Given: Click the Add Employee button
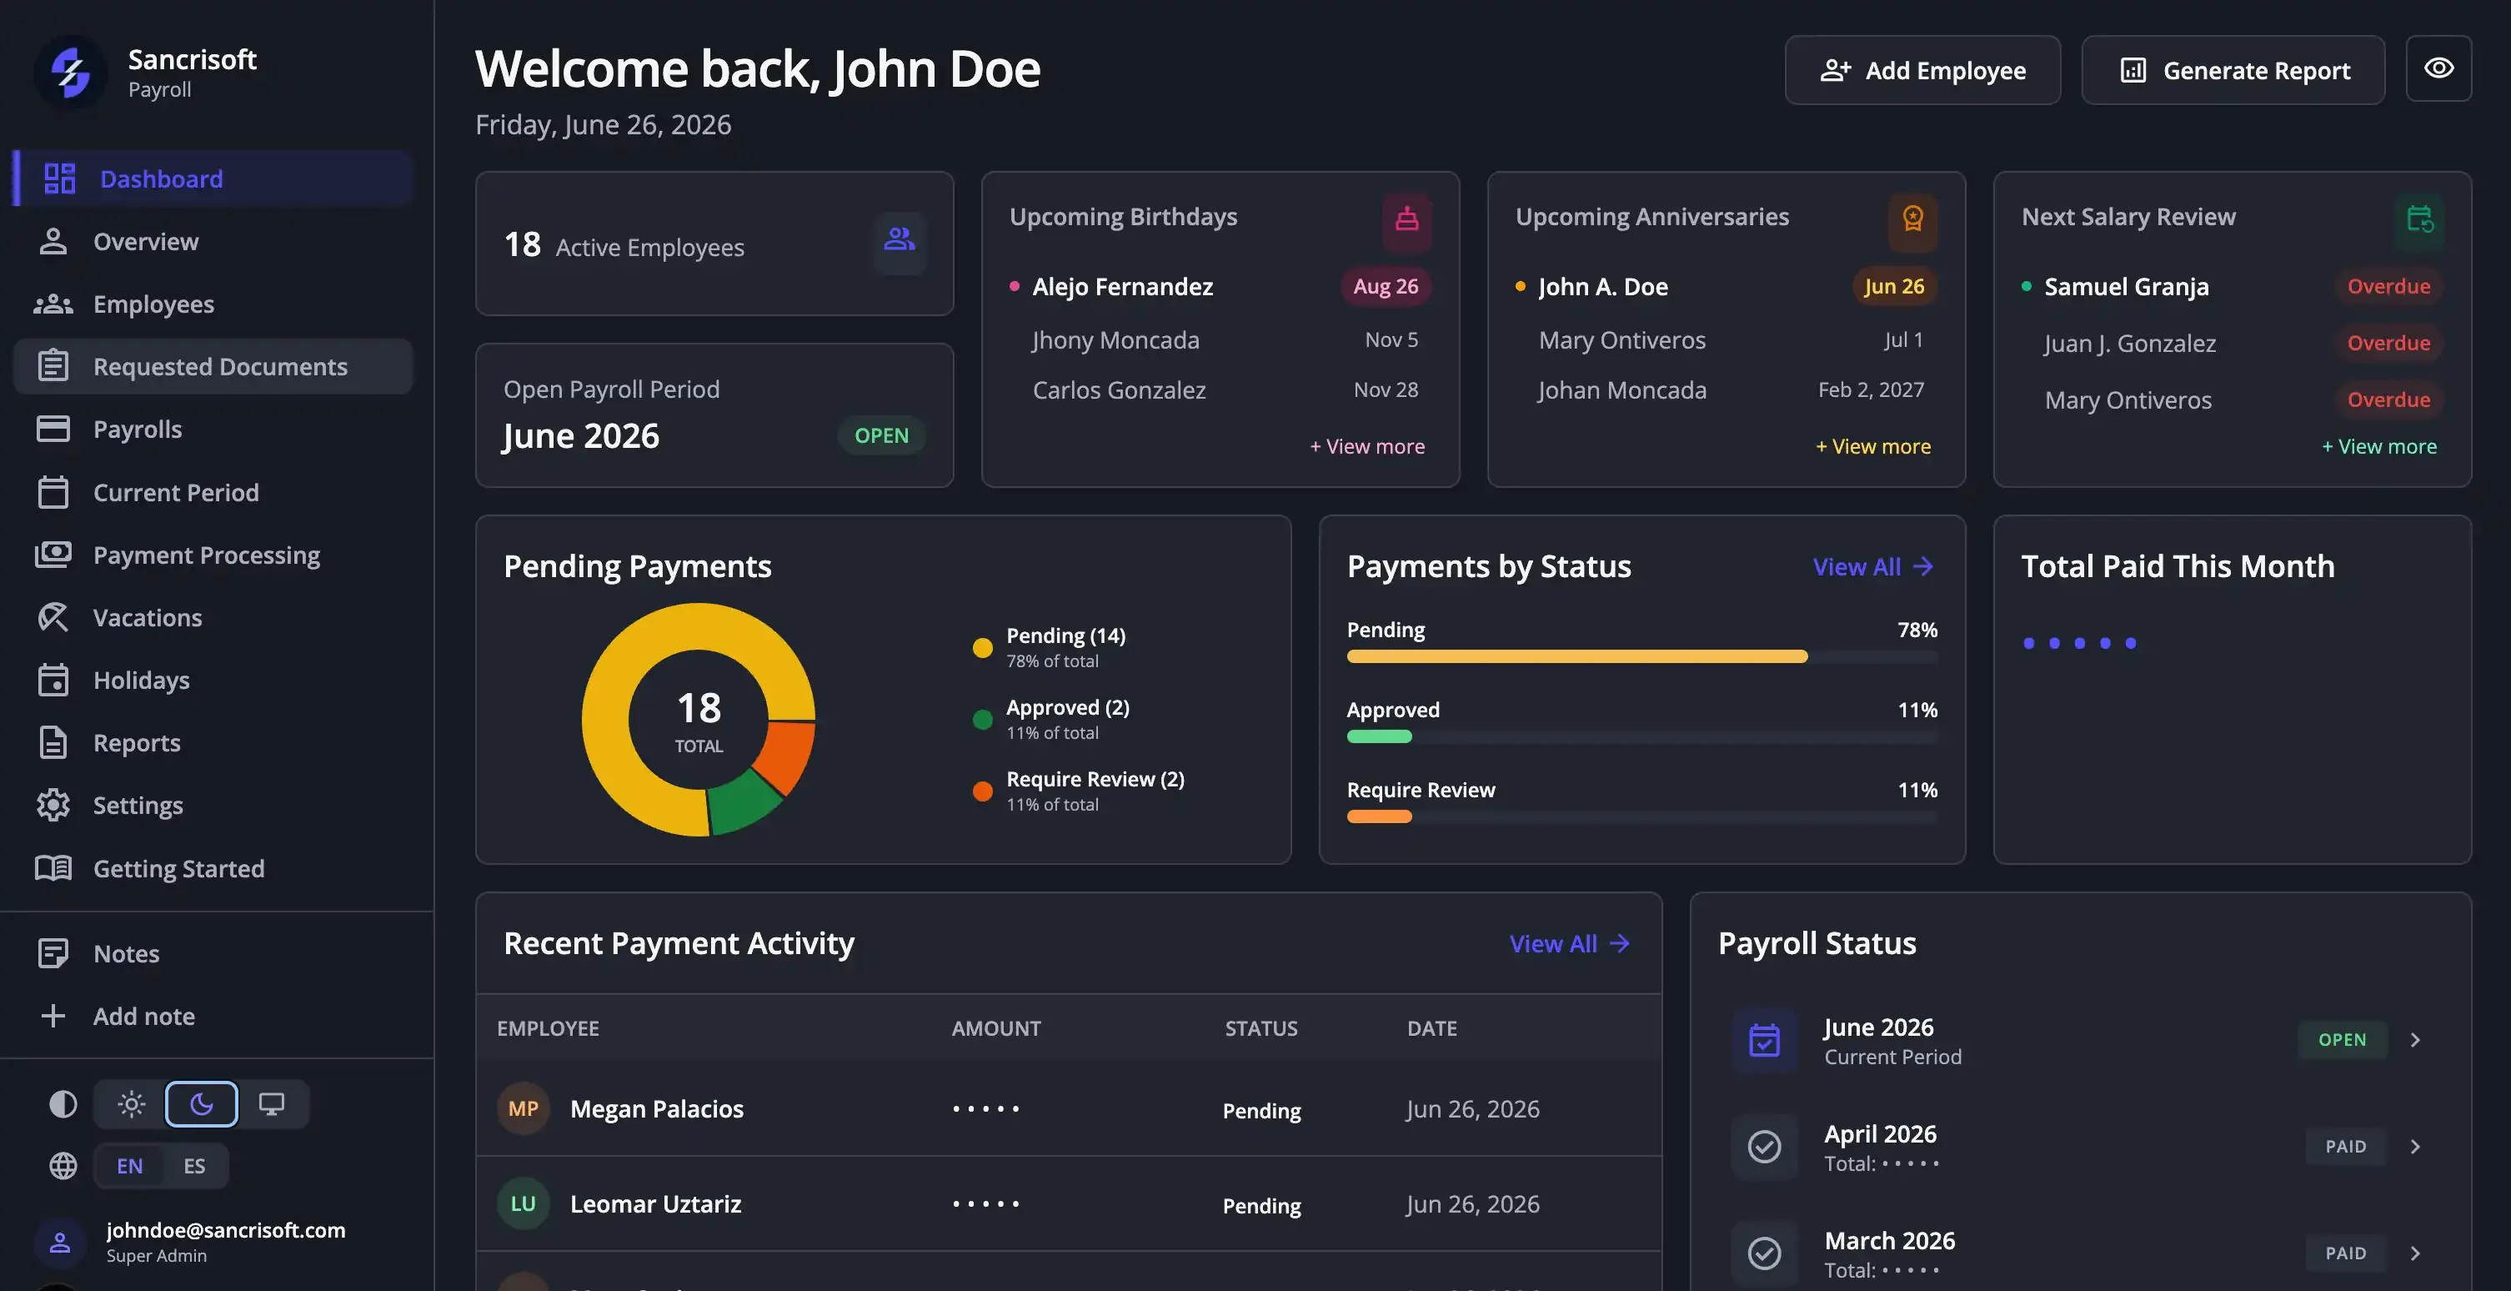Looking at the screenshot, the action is (x=1922, y=70).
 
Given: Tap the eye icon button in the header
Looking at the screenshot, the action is (x=2438, y=68).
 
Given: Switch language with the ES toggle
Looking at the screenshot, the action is (x=194, y=1165).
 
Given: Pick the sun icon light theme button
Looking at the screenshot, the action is (x=131, y=1104).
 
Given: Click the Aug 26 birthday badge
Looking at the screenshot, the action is (x=1386, y=287).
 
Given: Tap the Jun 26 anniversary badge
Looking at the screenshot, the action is (x=1893, y=287).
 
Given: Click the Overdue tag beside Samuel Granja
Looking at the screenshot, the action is (x=2388, y=287).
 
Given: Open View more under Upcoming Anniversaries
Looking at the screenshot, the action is (x=1872, y=446).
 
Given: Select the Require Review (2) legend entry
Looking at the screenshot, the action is (x=1079, y=791).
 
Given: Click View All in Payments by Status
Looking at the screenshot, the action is (x=1872, y=566).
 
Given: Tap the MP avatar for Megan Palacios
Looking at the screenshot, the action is (x=524, y=1108).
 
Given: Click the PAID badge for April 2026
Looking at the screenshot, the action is (x=2345, y=1147).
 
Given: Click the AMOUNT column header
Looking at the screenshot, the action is (x=996, y=1028).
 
